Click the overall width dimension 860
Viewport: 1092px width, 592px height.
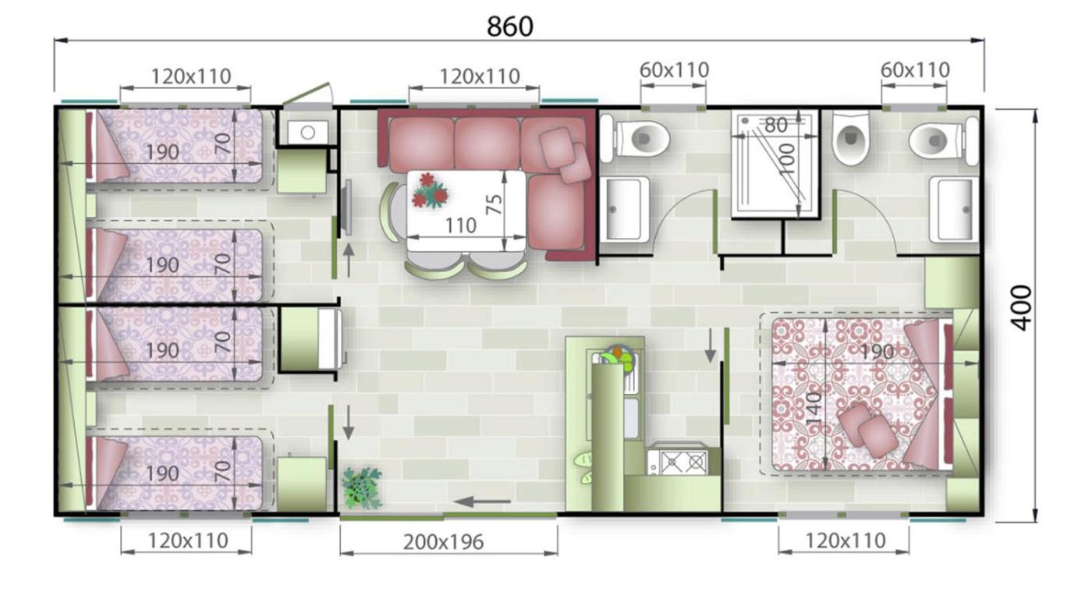(x=509, y=27)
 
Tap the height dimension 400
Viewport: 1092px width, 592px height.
(x=1021, y=308)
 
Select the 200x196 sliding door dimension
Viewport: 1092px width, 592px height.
(x=443, y=542)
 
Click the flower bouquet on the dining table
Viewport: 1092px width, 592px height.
(x=430, y=190)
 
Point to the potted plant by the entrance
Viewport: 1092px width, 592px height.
(x=361, y=488)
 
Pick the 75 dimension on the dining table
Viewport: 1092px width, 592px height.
(x=495, y=204)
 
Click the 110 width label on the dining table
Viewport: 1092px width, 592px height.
(x=461, y=225)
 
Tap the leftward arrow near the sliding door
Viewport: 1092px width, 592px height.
(x=482, y=501)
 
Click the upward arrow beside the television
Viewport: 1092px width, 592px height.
(x=349, y=260)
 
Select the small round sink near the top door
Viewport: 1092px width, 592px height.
(x=307, y=132)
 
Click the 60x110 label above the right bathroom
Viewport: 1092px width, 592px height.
(x=914, y=69)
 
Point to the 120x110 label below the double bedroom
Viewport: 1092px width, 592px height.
(x=846, y=541)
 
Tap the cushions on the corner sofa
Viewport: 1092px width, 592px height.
(x=565, y=154)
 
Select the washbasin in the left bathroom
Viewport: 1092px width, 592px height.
(x=624, y=209)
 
